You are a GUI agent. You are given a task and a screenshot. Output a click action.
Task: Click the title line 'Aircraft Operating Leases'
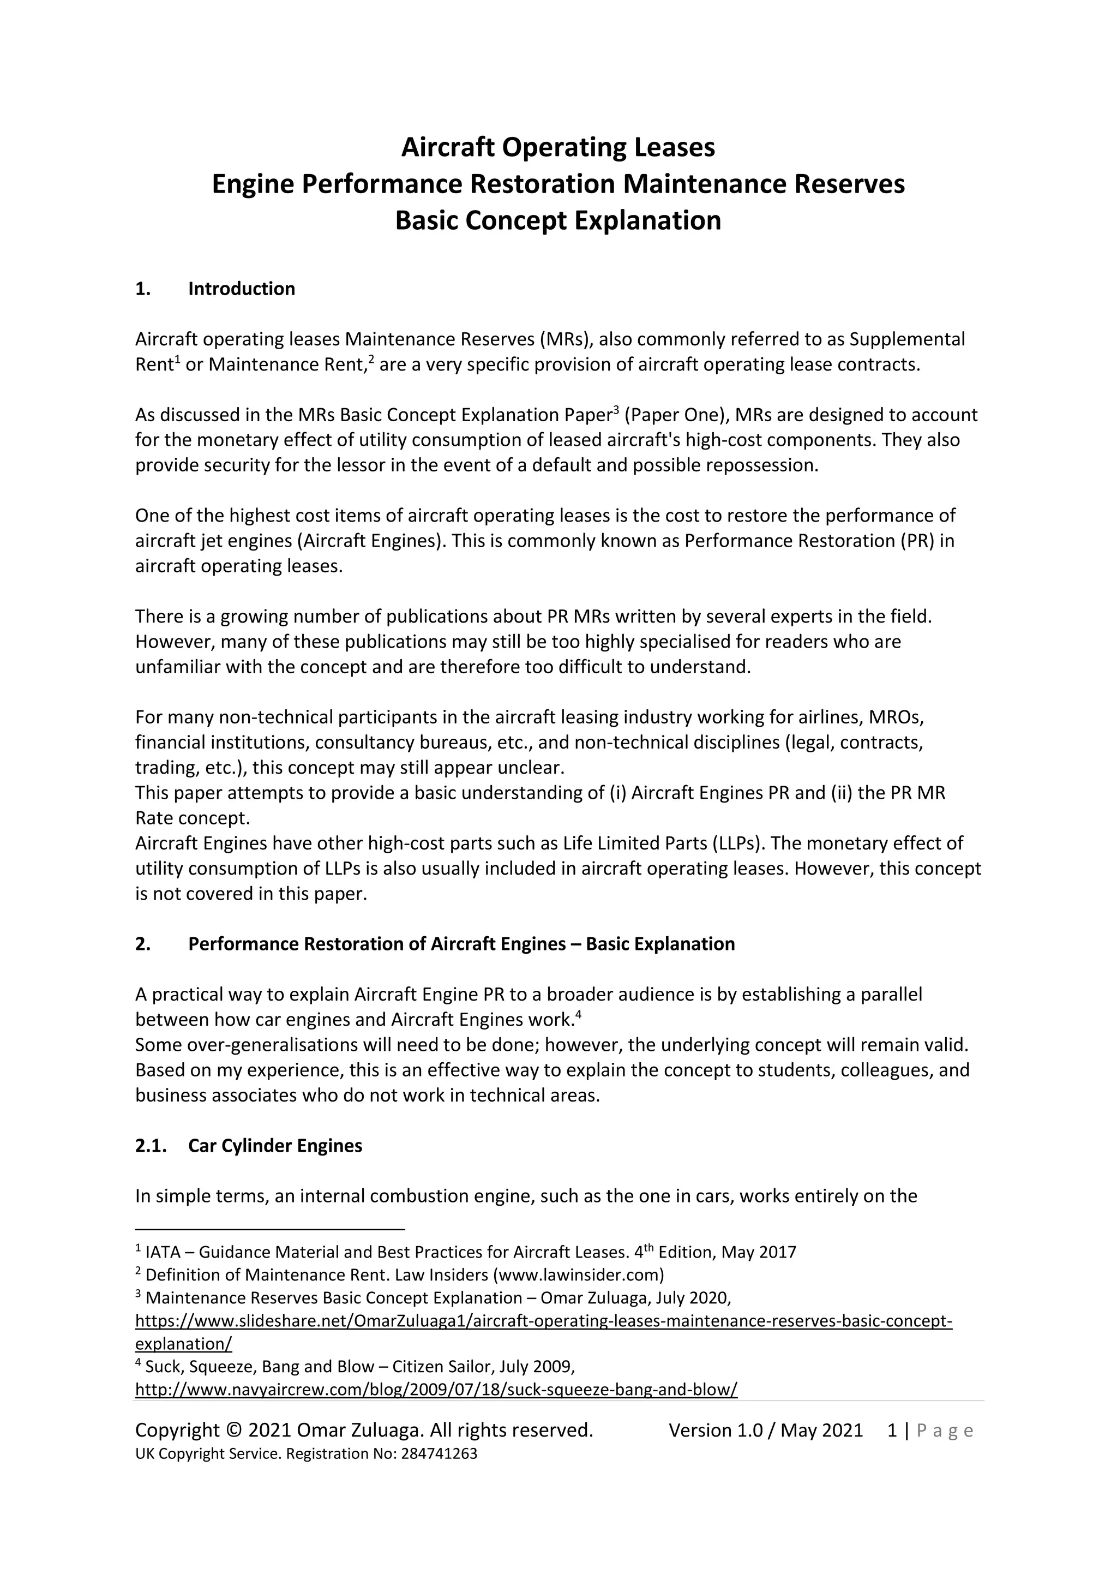558,147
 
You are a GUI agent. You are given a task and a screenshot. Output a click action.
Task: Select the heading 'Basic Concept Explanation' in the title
558,220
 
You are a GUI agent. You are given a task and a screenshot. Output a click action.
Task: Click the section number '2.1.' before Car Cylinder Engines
151,1145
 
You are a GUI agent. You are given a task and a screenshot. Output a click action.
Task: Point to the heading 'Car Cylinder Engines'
275,1145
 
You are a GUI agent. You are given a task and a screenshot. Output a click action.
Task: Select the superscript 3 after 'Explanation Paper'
616,410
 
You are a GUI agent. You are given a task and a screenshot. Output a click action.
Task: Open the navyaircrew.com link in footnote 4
436,1390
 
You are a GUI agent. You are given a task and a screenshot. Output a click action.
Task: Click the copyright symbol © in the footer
234,1430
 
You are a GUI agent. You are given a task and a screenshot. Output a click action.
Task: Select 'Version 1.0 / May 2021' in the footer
766,1430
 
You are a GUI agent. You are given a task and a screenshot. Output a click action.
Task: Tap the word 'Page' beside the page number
945,1431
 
